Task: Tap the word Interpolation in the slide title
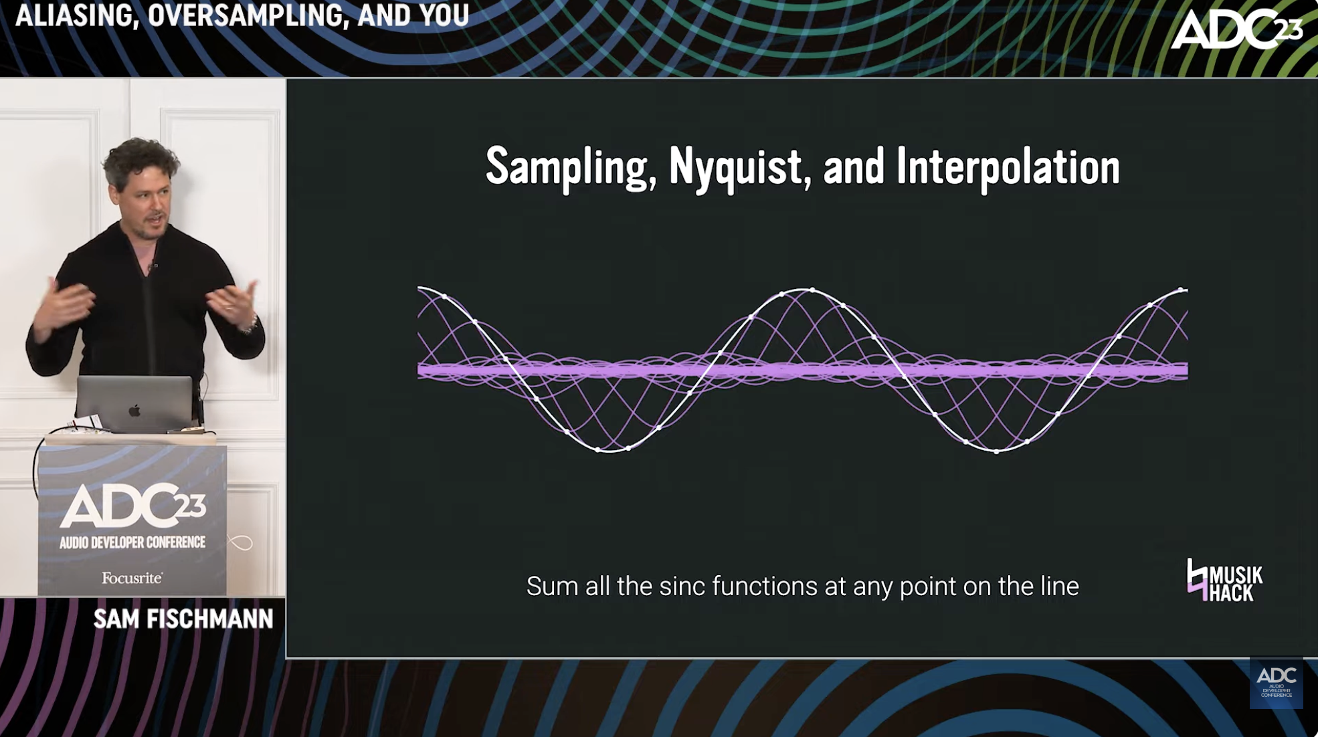pos(1008,167)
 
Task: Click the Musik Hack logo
pos(1224,580)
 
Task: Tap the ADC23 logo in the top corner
pos(1237,29)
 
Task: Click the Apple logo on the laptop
pos(134,409)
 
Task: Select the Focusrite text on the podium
pos(132,577)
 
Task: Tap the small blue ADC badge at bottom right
pos(1276,683)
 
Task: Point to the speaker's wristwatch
pos(251,325)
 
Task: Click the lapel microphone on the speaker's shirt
pos(155,266)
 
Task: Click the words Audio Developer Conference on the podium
pos(132,542)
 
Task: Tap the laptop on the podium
pos(134,403)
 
